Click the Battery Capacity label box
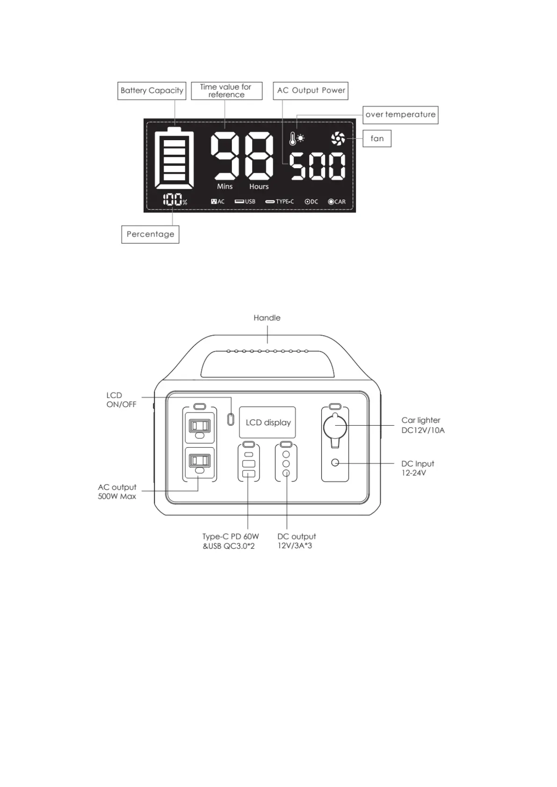(152, 91)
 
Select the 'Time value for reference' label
(226, 91)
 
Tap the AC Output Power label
(311, 91)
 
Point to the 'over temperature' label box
(400, 114)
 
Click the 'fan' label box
(377, 139)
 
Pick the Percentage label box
(150, 234)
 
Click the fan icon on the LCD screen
(338, 138)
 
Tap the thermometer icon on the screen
(293, 138)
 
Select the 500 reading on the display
(318, 166)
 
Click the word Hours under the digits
(259, 186)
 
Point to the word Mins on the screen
(224, 186)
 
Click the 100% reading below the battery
(174, 200)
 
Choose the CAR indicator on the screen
(337, 202)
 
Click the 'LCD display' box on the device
(268, 422)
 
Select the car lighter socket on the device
(335, 427)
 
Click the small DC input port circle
(335, 463)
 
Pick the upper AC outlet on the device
(200, 426)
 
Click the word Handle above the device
(267, 318)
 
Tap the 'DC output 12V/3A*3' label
(296, 541)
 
